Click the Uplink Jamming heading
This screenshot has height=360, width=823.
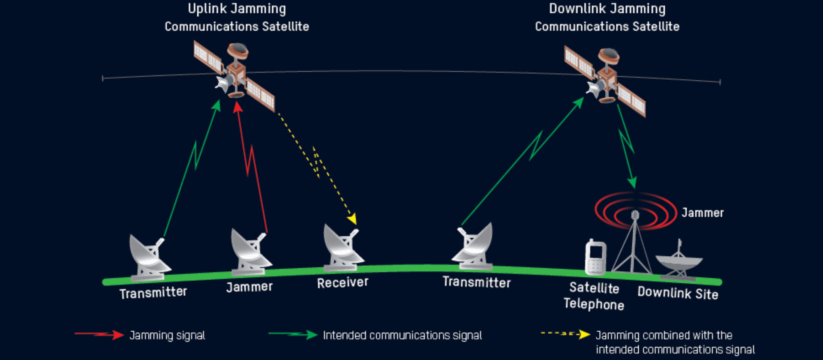(x=237, y=9)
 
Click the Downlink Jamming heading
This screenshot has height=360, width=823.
(x=607, y=9)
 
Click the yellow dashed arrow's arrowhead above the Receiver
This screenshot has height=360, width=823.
(x=352, y=219)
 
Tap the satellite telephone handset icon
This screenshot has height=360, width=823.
(x=595, y=257)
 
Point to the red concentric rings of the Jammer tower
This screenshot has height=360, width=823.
(x=635, y=210)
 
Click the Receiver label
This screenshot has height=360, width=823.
(x=342, y=282)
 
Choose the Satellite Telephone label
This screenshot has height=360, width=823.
(x=594, y=296)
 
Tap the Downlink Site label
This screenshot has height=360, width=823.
(x=677, y=293)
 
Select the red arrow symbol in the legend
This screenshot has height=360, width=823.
(x=99, y=334)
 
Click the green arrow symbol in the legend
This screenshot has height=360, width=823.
(x=293, y=334)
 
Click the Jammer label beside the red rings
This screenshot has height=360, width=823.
(x=702, y=213)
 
